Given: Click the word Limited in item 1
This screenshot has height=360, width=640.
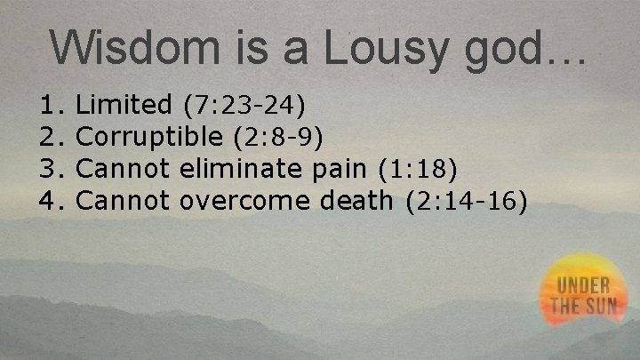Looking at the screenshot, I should click(x=124, y=106).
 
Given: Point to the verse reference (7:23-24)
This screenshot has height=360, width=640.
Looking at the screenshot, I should click(x=244, y=107).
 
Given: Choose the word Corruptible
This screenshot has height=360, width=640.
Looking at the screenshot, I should click(x=149, y=138).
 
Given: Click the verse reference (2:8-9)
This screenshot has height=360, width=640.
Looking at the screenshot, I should click(x=277, y=138).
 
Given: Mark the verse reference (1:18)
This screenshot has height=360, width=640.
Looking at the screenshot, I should click(x=418, y=169).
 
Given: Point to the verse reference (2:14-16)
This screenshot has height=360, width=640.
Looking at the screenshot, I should click(x=467, y=202).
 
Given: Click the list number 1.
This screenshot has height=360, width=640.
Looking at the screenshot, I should click(x=49, y=106).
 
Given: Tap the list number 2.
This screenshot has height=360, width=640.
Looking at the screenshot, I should click(x=49, y=138).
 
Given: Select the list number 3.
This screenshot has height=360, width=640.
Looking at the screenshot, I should click(x=49, y=169).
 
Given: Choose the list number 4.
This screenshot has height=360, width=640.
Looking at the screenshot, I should click(x=49, y=201).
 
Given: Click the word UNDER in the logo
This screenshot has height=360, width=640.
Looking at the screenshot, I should click(x=584, y=287).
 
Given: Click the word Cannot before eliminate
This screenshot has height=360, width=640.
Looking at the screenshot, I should click(x=124, y=169).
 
